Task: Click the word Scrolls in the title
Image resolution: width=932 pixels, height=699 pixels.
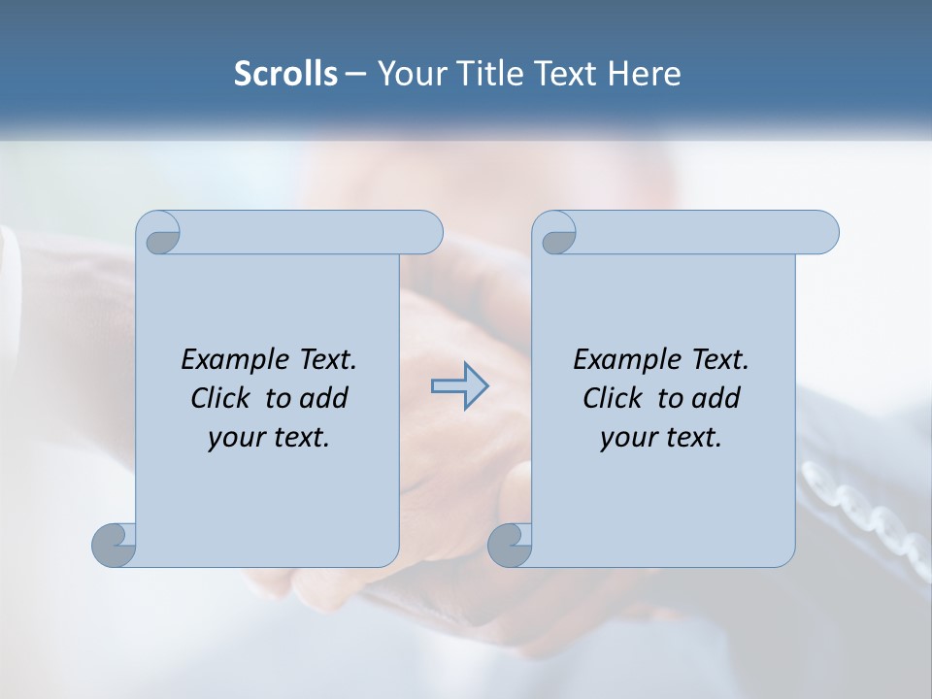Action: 285,74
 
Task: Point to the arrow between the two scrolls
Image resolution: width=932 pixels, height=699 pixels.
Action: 459,385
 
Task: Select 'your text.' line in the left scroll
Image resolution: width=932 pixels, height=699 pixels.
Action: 269,438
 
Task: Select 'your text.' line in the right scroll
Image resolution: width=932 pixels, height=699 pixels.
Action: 661,438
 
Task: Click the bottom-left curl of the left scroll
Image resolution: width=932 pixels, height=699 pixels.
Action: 114,545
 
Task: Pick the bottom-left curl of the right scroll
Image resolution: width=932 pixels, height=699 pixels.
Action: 510,545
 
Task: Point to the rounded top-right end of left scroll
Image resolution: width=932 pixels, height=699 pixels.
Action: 427,232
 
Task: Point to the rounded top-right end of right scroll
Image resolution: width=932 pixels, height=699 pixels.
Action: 823,232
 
